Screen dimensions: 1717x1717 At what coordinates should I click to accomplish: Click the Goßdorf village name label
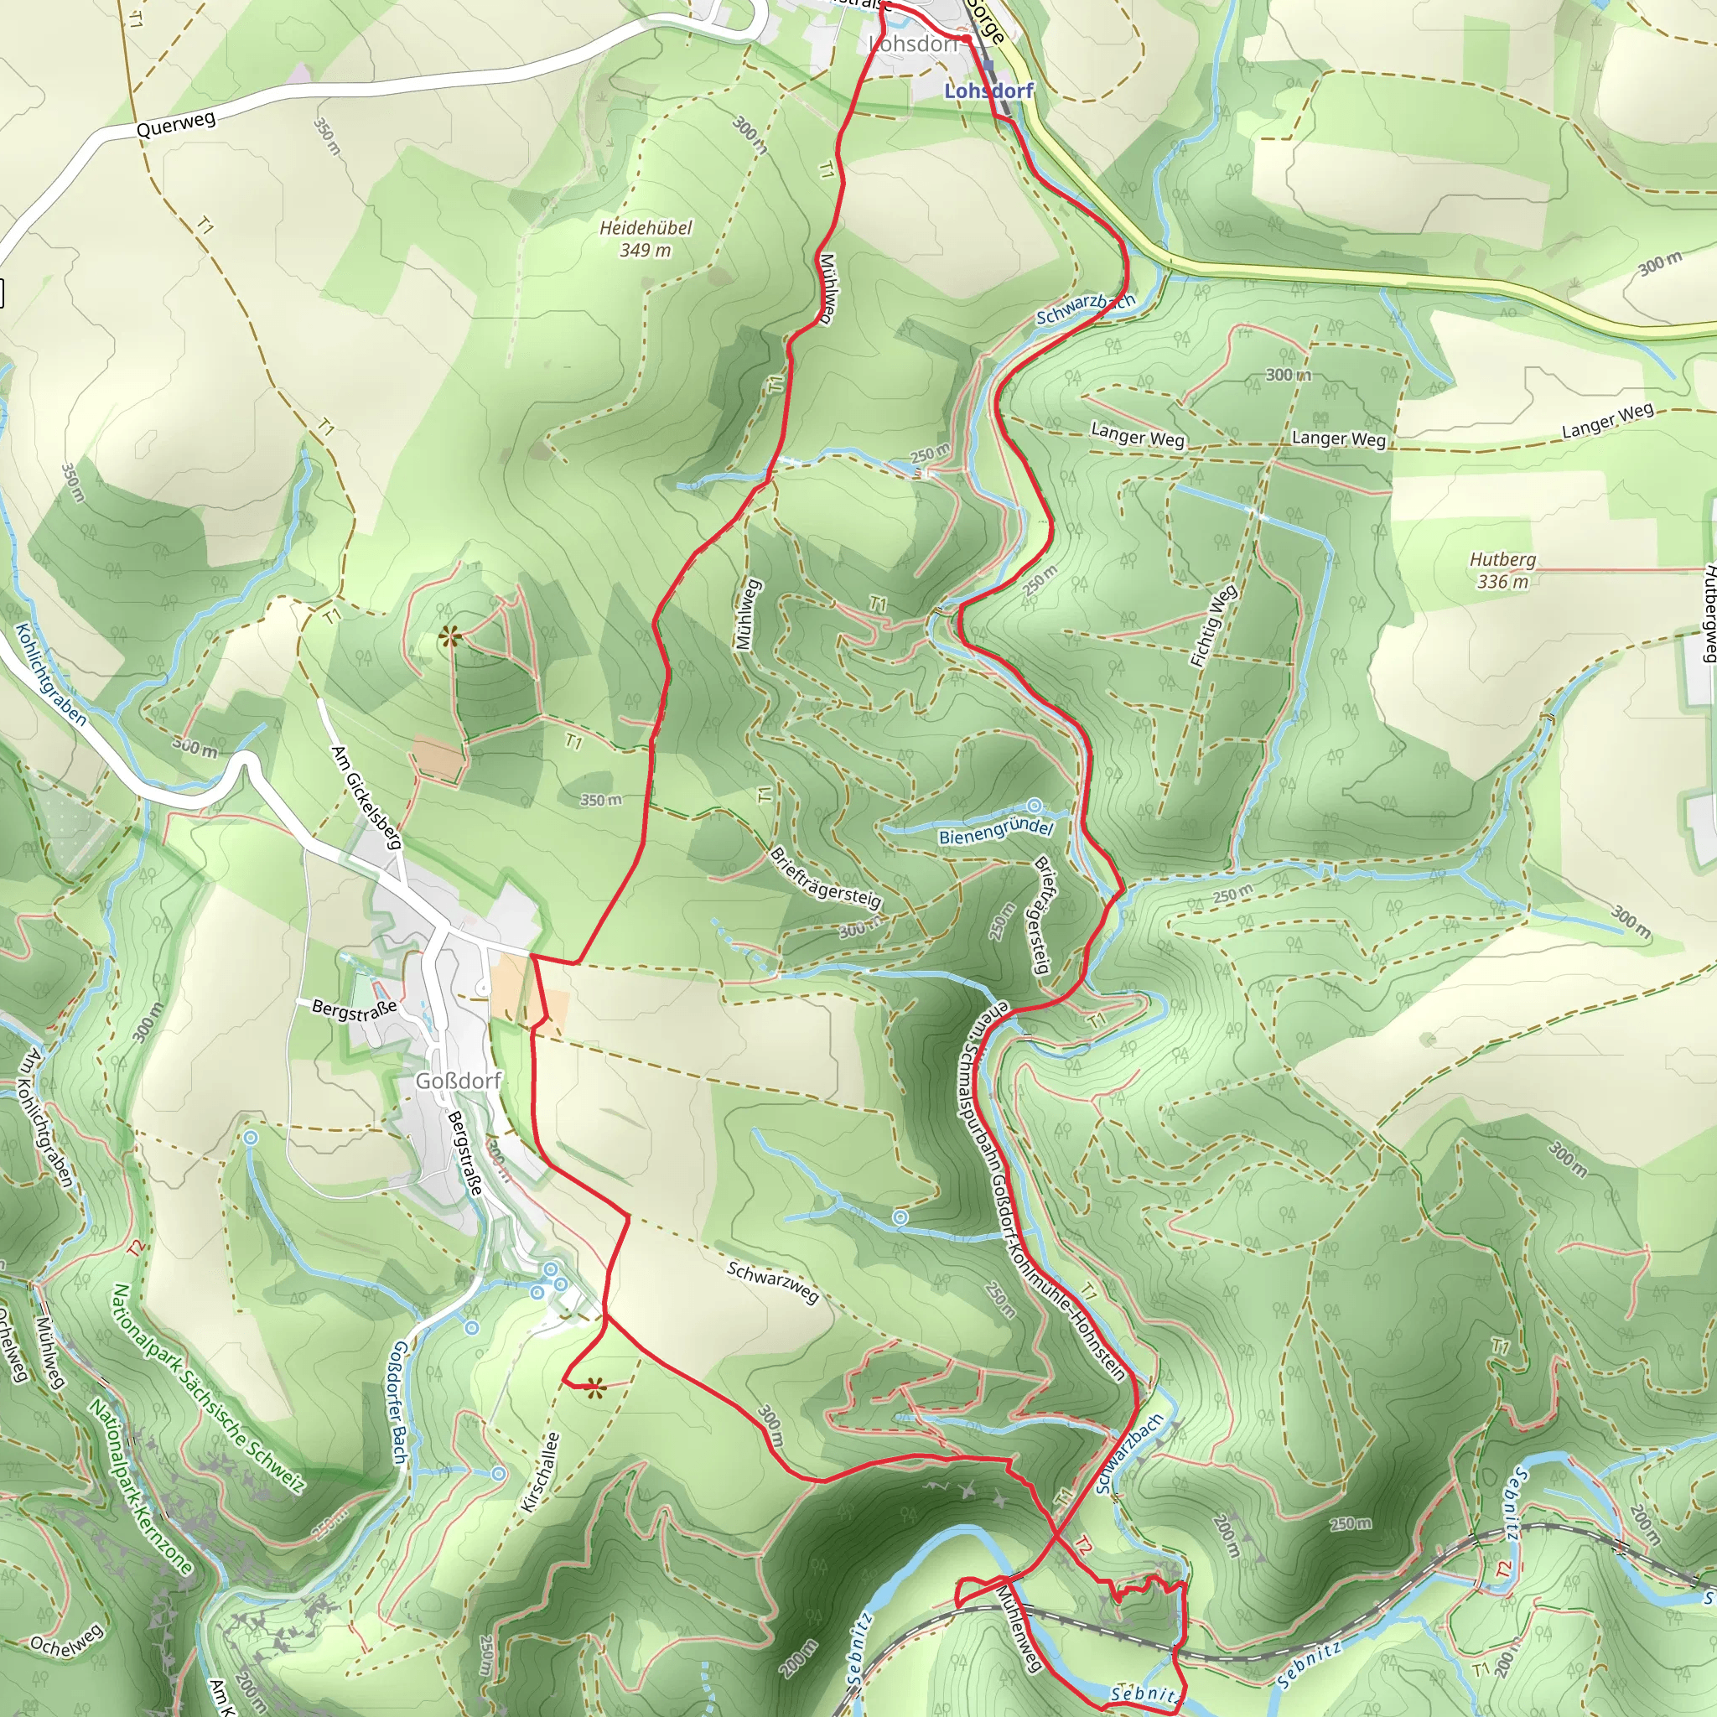coord(459,1081)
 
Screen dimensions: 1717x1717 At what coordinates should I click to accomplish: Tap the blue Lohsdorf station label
coord(988,91)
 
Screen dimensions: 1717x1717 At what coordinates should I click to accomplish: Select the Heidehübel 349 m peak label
coord(646,238)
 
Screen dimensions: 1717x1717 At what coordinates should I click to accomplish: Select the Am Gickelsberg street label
coord(366,797)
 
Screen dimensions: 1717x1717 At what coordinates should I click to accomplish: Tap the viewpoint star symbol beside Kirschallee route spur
coord(594,1387)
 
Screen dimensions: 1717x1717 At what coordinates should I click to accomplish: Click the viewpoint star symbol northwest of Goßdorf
coord(450,635)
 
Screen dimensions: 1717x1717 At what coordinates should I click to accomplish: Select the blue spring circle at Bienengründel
coord(1035,805)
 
